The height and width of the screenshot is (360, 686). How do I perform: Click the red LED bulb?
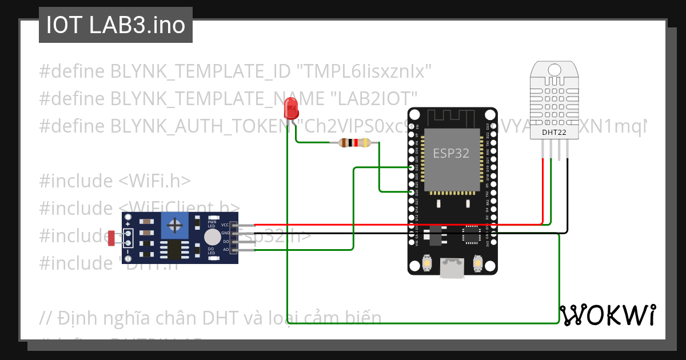click(290, 107)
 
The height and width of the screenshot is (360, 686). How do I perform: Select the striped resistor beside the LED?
click(355, 143)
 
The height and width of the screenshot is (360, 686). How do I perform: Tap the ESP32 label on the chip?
click(451, 153)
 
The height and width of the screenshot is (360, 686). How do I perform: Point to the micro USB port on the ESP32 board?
click(452, 269)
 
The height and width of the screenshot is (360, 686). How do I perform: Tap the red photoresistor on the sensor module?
click(112, 238)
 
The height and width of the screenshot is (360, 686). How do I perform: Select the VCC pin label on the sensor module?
click(225, 225)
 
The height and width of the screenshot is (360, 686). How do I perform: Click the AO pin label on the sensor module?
click(226, 250)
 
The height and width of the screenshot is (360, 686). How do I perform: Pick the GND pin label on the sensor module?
click(225, 233)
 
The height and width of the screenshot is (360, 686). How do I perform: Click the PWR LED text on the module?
click(212, 223)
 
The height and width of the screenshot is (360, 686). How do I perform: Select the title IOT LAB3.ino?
click(115, 25)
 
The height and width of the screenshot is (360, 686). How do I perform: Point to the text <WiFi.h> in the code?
click(154, 181)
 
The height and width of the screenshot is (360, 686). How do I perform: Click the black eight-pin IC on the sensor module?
click(171, 250)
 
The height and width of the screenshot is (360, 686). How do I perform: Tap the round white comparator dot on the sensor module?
click(212, 237)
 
